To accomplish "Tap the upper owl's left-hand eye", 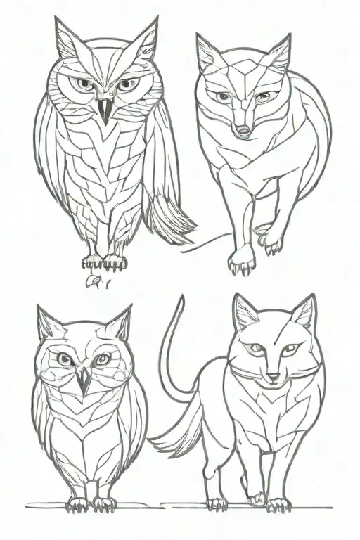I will pyautogui.click(x=84, y=84).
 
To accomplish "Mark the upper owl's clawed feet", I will pyautogui.click(x=104, y=262).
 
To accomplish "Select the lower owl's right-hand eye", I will pyautogui.click(x=101, y=359).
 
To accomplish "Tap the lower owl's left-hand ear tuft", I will pyautogui.click(x=48, y=325).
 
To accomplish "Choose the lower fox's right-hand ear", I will pyautogui.click(x=304, y=313).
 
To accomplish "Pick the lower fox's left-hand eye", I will pyautogui.click(x=254, y=348).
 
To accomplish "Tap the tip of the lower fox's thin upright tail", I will pyautogui.click(x=181, y=298).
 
